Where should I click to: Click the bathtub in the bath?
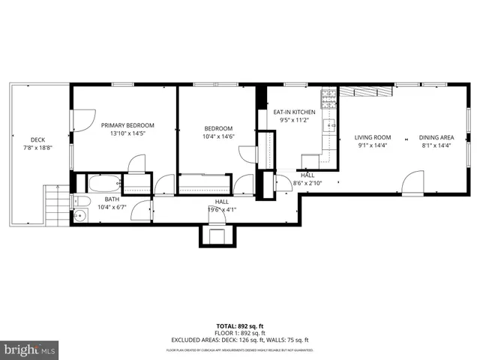(x=103, y=183)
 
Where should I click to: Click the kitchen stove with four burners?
(x=328, y=97)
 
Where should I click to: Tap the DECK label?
(x=37, y=139)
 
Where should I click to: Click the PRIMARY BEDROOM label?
(x=128, y=125)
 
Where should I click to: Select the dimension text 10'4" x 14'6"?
(x=218, y=136)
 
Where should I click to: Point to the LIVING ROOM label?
(x=373, y=137)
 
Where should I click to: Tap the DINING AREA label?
(x=436, y=137)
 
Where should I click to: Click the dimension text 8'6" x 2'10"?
(x=307, y=182)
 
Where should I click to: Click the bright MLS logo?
(x=29, y=349)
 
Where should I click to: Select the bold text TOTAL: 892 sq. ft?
(x=239, y=326)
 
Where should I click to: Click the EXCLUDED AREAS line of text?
(x=240, y=340)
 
